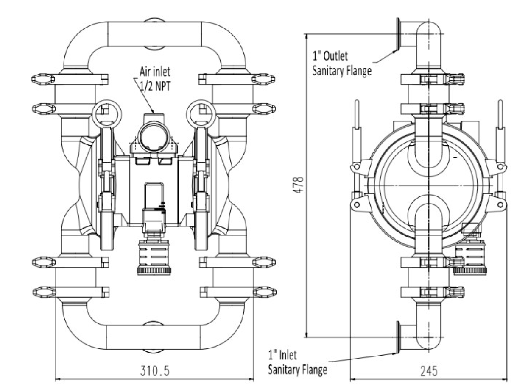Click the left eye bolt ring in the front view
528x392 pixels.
pos(105,113)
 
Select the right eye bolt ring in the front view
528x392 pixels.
pos(201,113)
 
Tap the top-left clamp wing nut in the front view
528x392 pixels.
pos(44,78)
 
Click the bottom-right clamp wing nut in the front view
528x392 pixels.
pos(264,292)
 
